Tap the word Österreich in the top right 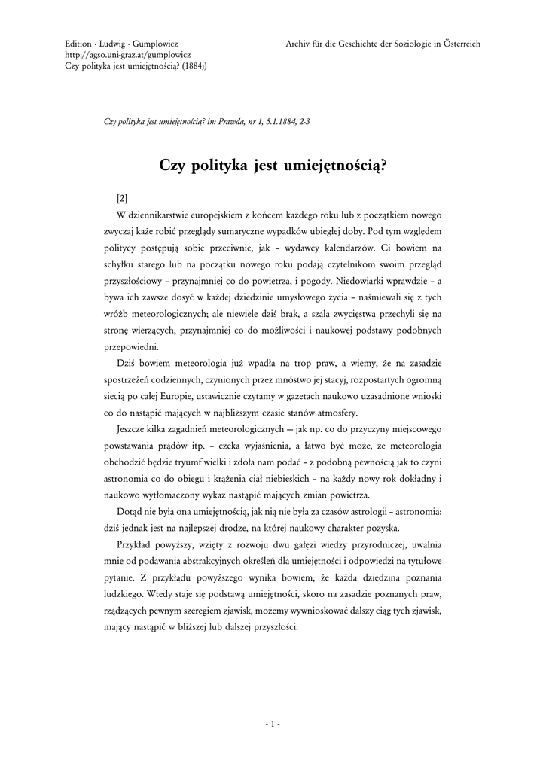click(x=459, y=44)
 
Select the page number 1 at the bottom click(x=273, y=725)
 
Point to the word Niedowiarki click(x=382, y=281)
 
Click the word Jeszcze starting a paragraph click(x=132, y=431)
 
